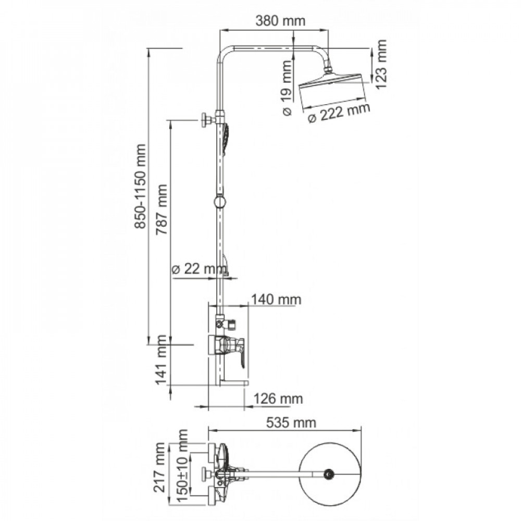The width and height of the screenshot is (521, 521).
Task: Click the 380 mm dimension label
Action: coord(280,21)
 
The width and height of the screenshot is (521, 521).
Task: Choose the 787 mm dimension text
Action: coord(163,208)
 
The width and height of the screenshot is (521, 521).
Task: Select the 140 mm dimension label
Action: coord(276,300)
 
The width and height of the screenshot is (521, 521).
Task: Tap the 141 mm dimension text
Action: coord(162,360)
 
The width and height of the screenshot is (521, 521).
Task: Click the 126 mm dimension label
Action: coord(278,399)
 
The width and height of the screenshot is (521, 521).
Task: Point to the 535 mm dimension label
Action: coord(291,423)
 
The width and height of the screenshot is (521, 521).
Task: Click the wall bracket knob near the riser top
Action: coord(205,120)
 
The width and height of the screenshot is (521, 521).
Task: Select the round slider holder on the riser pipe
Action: coord(220,201)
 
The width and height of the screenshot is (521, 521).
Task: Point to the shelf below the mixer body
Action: coord(233,383)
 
